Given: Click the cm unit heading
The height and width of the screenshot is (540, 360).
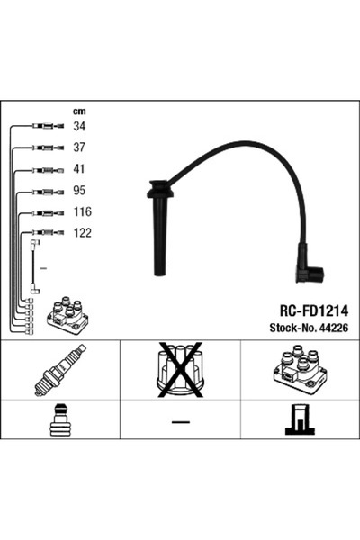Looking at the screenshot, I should coord(78,111).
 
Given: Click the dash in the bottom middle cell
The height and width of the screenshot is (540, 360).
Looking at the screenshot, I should coord(180,423).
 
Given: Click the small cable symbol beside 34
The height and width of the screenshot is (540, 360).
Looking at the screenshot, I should coord(43,127).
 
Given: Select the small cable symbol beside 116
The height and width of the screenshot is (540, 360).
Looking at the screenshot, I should coord(43,212).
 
